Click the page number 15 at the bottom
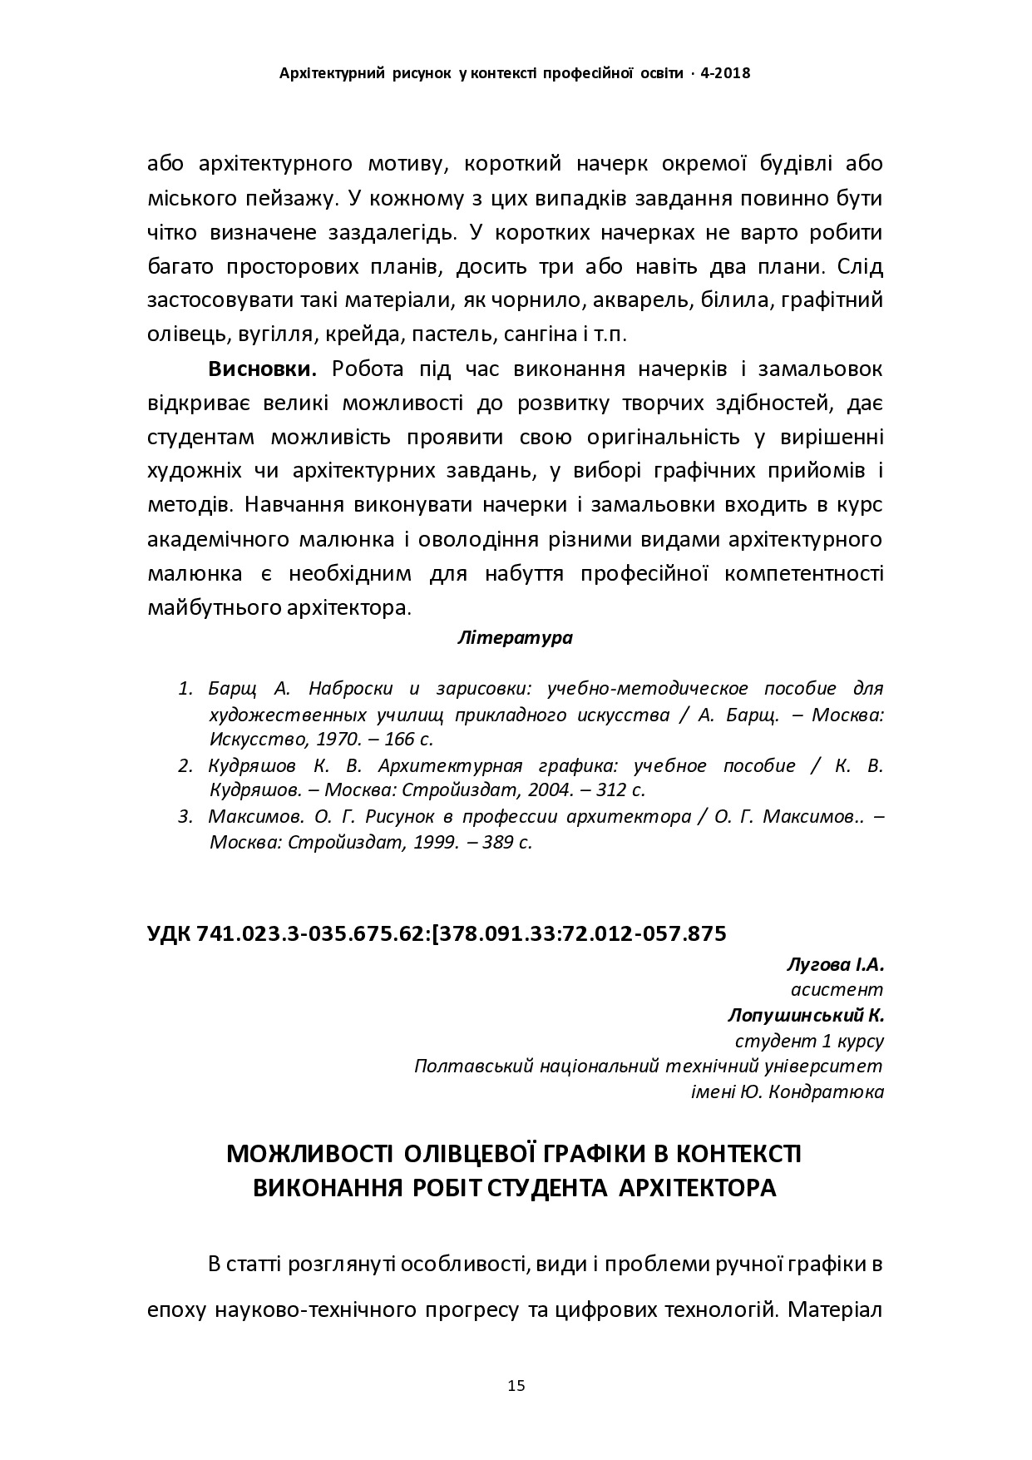coord(516,1386)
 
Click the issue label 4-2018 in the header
coord(726,73)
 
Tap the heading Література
coord(515,638)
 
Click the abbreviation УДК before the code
coord(169,933)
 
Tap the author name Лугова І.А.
coord(834,965)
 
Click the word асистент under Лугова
coord(836,990)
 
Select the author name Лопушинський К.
coord(805,1016)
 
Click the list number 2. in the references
coord(185,765)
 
